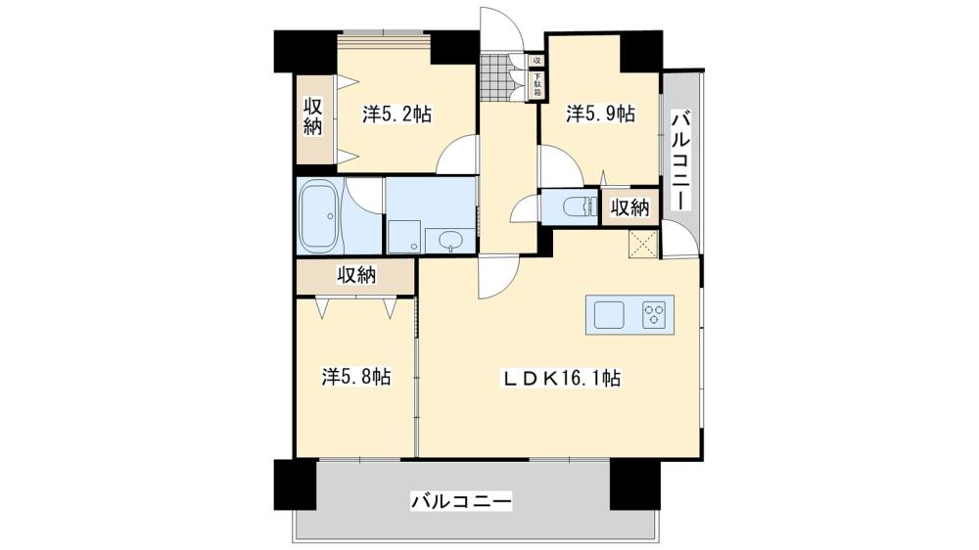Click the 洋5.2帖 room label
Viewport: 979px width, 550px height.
[x=397, y=115]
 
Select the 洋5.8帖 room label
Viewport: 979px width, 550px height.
[x=357, y=376]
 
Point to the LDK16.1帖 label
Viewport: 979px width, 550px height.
[x=562, y=377]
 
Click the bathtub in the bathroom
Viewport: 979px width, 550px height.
[x=320, y=217]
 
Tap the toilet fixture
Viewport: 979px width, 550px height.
[x=577, y=207]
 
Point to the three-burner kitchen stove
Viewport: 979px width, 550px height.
[x=653, y=314]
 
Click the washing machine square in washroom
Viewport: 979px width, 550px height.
[x=402, y=236]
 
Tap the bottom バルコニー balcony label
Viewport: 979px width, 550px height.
[x=460, y=502]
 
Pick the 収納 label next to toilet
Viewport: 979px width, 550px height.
[x=629, y=207]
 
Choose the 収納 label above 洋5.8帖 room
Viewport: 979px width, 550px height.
[x=357, y=275]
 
